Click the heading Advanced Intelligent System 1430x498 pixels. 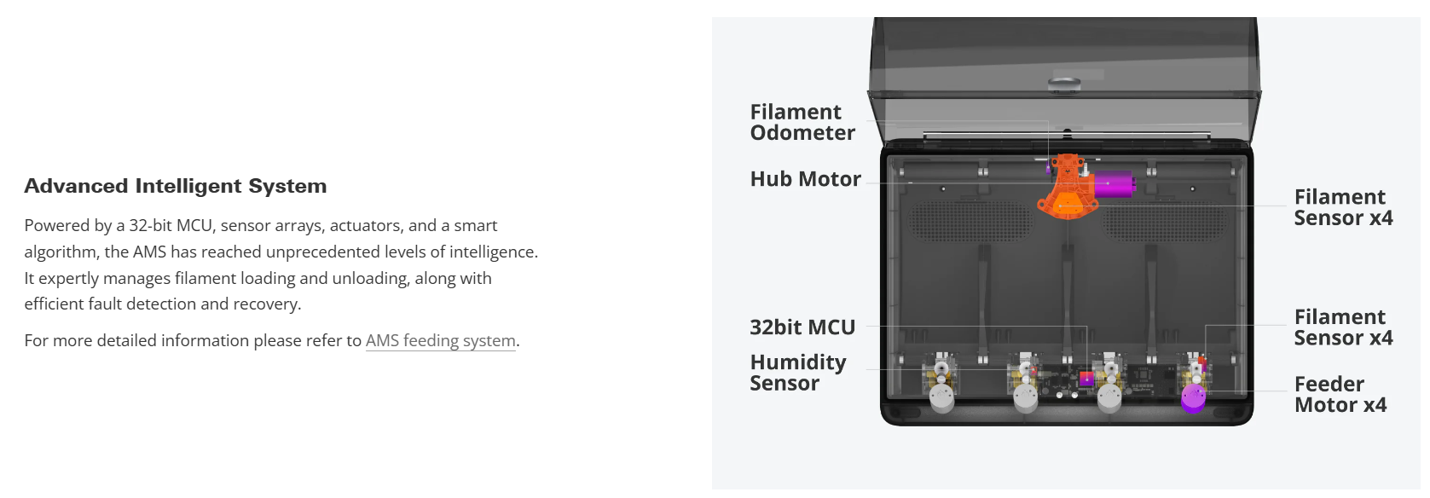pyautogui.click(x=175, y=186)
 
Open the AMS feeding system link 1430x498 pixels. pyautogui.click(x=440, y=340)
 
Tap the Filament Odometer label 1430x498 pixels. pyautogui.click(x=802, y=122)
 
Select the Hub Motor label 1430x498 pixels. pyautogui.click(x=805, y=179)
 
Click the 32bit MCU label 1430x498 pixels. pyautogui.click(x=802, y=327)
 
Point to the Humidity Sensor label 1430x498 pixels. pyautogui.click(x=797, y=373)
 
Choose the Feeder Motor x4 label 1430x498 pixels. pyautogui.click(x=1340, y=394)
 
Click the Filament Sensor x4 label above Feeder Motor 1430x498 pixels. pyautogui.click(x=1342, y=327)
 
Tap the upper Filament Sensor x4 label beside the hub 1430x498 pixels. pyautogui.click(x=1342, y=207)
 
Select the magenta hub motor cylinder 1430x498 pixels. pyautogui.click(x=1114, y=183)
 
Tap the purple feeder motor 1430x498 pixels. pyautogui.click(x=1193, y=397)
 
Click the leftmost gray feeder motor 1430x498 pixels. pyautogui.click(x=941, y=397)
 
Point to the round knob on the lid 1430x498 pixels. pyautogui.click(x=1064, y=84)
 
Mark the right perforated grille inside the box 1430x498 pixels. pyautogui.click(x=1165, y=221)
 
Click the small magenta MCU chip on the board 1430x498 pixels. pyautogui.click(x=1086, y=378)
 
